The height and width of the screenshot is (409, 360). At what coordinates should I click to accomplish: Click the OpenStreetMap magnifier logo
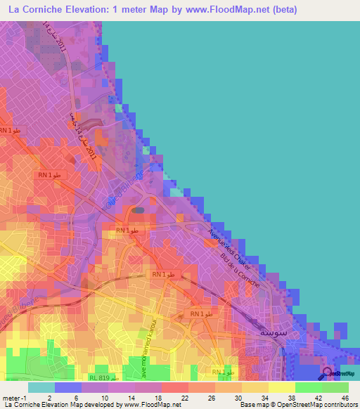pos(328,373)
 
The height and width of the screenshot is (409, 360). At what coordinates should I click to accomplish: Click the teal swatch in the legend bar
pos(41,387)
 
